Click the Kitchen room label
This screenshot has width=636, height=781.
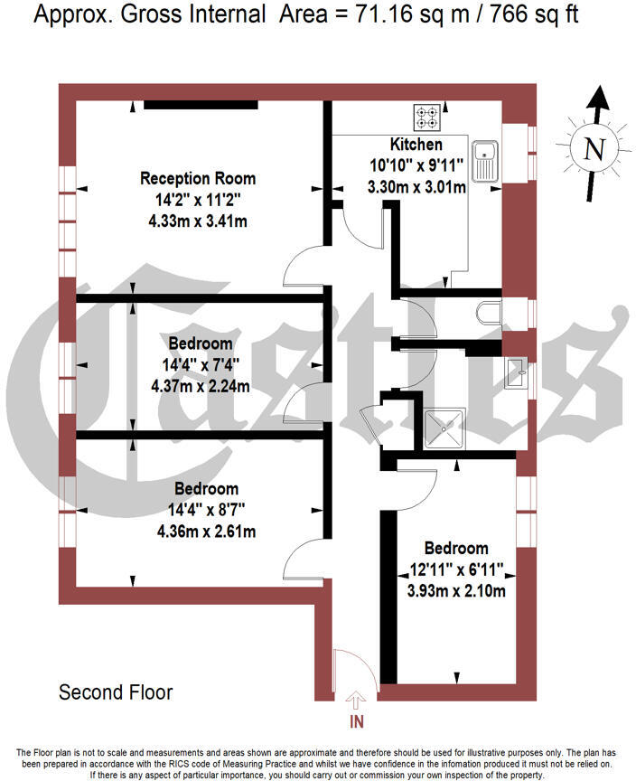[x=416, y=145]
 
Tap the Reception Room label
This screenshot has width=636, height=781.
[x=198, y=178]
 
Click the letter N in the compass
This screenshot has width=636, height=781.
[x=594, y=149]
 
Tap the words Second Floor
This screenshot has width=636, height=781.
[x=116, y=693]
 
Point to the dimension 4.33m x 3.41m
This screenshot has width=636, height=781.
[x=198, y=220]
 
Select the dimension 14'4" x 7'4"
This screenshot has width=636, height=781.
[x=201, y=365]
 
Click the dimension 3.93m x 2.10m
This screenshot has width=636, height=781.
[x=456, y=590]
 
